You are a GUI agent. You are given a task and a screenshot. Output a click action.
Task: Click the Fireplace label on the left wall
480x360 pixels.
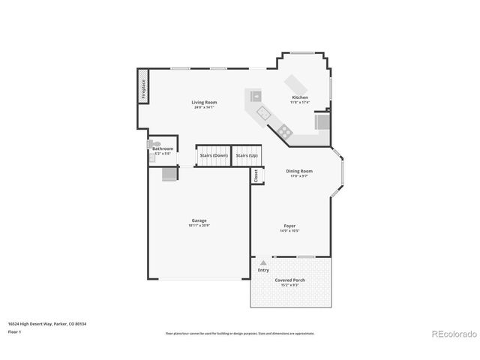(x=142, y=85)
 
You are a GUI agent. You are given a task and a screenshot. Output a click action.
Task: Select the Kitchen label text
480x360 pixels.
(x=299, y=97)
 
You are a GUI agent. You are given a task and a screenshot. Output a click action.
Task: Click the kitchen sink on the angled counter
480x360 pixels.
(x=263, y=112)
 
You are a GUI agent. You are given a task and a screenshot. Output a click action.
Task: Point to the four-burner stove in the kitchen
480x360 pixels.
(x=285, y=132)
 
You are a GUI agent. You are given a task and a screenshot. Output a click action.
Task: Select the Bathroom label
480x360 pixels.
(x=163, y=148)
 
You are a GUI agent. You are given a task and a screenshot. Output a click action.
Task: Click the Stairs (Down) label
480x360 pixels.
(x=213, y=155)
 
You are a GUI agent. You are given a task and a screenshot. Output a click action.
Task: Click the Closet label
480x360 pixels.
(x=256, y=175)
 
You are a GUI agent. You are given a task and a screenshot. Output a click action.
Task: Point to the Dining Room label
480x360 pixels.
(x=298, y=171)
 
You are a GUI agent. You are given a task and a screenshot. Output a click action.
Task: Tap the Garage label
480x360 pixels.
(x=199, y=220)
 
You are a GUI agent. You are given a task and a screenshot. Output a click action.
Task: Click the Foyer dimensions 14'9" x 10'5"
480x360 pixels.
(x=289, y=231)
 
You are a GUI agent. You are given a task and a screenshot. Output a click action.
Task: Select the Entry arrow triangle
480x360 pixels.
(x=262, y=262)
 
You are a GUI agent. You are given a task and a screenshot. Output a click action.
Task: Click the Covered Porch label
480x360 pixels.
(x=289, y=280)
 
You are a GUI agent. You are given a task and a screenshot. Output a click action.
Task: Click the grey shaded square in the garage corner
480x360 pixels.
(x=170, y=174)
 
